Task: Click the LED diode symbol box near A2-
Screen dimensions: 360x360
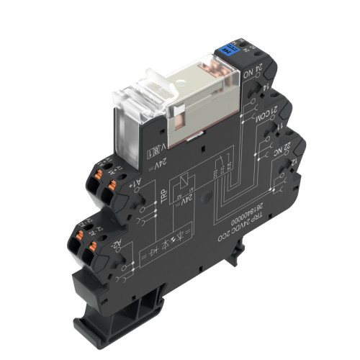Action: point(158,253)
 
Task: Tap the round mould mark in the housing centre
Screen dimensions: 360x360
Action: point(207,196)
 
